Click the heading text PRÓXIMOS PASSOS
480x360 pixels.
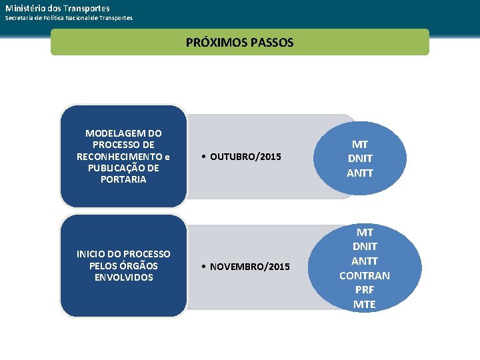tap(239, 43)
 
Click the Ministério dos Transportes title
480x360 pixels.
tap(57, 8)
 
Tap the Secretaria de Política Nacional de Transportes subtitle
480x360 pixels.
tap(69, 18)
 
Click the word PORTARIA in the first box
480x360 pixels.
tap(123, 179)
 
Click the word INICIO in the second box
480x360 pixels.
tap(91, 254)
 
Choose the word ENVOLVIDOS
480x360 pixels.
tap(123, 277)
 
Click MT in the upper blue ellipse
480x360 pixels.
tap(360, 144)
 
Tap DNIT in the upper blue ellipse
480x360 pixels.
tap(360, 159)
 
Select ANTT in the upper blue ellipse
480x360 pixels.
tap(360, 173)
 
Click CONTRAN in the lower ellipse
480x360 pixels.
tap(365, 275)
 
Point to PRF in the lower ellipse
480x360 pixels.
tap(365, 290)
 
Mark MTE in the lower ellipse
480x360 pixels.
tap(365, 305)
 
